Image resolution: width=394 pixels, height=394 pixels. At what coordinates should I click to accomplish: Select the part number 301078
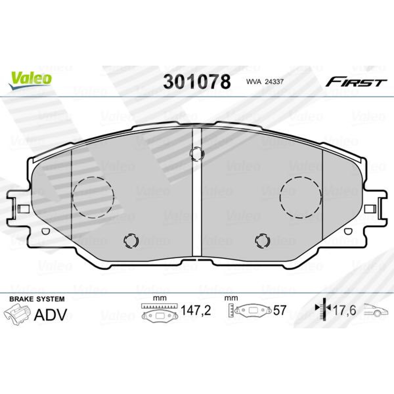coord(197,81)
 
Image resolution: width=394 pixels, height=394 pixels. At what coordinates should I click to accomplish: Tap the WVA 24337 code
coord(265,82)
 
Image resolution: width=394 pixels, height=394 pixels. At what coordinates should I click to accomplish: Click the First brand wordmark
coord(356,83)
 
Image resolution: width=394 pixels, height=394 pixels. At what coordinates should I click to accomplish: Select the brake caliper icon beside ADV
coord(17,315)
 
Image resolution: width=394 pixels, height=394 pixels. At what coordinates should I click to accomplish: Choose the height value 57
coord(279,310)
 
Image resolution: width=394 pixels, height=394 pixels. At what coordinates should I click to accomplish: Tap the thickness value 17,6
coord(345,310)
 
